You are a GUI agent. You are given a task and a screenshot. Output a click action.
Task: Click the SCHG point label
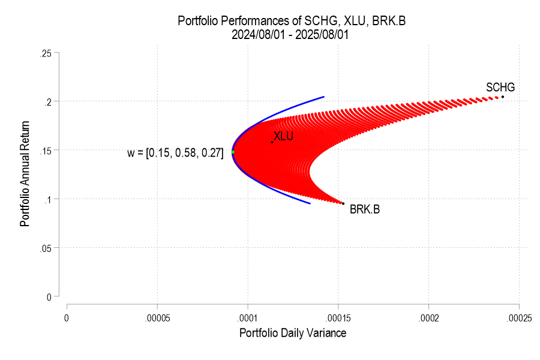[x=500, y=88]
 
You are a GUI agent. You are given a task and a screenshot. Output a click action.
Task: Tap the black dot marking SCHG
[x=503, y=97]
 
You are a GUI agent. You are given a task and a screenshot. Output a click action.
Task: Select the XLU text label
[x=283, y=136]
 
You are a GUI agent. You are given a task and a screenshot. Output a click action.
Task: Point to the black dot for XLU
[x=272, y=142]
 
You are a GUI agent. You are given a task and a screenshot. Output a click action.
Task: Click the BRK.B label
[x=365, y=209]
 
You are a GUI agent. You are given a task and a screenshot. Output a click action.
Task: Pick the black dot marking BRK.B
[x=343, y=203]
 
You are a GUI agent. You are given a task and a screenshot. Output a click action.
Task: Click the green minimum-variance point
[x=233, y=152]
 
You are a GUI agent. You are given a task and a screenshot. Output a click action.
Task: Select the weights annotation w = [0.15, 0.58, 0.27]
[x=175, y=153]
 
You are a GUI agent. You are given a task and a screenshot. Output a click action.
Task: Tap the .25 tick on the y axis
[x=45, y=53]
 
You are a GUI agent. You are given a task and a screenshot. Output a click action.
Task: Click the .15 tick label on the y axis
[x=45, y=150]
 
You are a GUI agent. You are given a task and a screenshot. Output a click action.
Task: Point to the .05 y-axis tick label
[x=45, y=247]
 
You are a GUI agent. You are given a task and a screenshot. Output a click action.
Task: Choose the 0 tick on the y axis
[x=49, y=296]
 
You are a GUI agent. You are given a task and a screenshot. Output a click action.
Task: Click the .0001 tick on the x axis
[x=247, y=316]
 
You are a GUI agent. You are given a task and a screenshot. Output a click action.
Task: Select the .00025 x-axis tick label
[x=518, y=316]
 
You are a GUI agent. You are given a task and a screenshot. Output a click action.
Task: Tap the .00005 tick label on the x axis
[x=157, y=316]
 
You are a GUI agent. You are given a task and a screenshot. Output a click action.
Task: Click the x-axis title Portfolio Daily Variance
[x=293, y=332]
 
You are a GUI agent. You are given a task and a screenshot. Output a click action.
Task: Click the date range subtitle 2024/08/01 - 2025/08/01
[x=290, y=35]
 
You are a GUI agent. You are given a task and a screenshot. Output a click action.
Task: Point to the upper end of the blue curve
[x=324, y=97]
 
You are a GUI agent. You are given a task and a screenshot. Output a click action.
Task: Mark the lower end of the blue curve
[x=310, y=203]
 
